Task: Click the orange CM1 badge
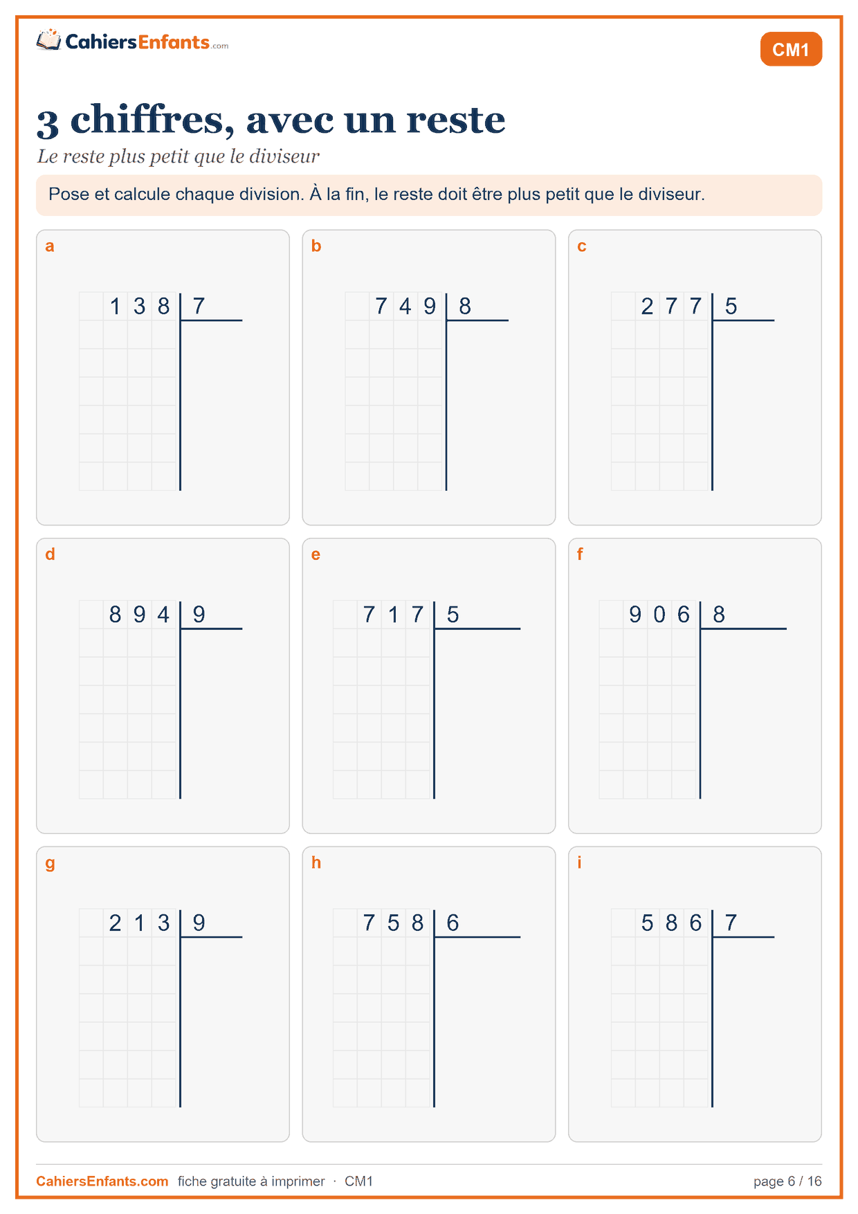pos(791,49)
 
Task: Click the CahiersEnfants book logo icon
pos(48,39)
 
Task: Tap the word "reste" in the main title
pos(456,120)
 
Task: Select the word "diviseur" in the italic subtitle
pos(284,156)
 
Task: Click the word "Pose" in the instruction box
pos(68,194)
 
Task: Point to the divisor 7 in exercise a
pos(199,306)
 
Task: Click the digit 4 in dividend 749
pos(405,306)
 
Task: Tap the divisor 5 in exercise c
pos(731,306)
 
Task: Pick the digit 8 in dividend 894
pos(116,614)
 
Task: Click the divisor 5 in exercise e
pos(453,614)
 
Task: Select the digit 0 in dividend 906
pos(659,614)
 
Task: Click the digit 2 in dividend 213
pos(116,923)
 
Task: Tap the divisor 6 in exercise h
pos(453,923)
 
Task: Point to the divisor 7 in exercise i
pos(731,923)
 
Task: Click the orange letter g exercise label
pos(50,864)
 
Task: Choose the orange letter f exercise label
pos(580,554)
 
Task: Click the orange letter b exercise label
pos(316,246)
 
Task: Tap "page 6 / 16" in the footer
pos(787,1181)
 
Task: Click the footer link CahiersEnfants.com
pos(102,1181)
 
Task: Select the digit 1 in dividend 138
pos(116,306)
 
